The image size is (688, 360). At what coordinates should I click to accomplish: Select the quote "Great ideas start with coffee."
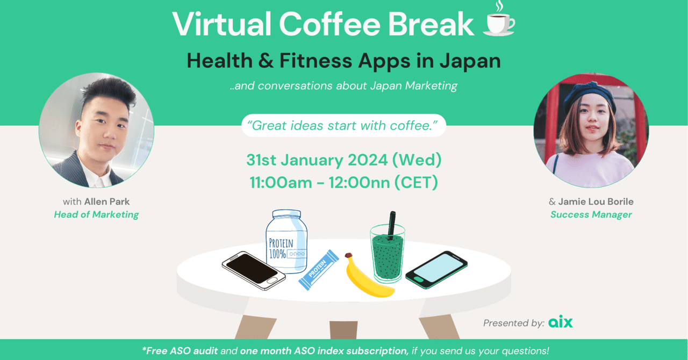pos(343,126)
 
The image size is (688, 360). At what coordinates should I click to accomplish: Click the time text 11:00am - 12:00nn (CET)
pos(343,182)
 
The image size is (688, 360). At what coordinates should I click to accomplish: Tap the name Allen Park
pos(107,202)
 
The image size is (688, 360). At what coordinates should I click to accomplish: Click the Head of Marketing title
pos(96,214)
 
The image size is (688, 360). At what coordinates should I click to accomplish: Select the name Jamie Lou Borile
pos(596,202)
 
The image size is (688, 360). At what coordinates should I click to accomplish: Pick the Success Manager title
pos(591,214)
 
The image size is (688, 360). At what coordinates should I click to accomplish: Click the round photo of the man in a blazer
pos(97,131)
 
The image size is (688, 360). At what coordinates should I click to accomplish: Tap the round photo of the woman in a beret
pos(591,131)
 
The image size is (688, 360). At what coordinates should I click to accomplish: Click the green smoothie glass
pos(387,255)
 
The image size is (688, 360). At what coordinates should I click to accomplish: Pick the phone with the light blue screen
pos(436,269)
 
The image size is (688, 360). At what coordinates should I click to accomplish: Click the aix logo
pos(560,322)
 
